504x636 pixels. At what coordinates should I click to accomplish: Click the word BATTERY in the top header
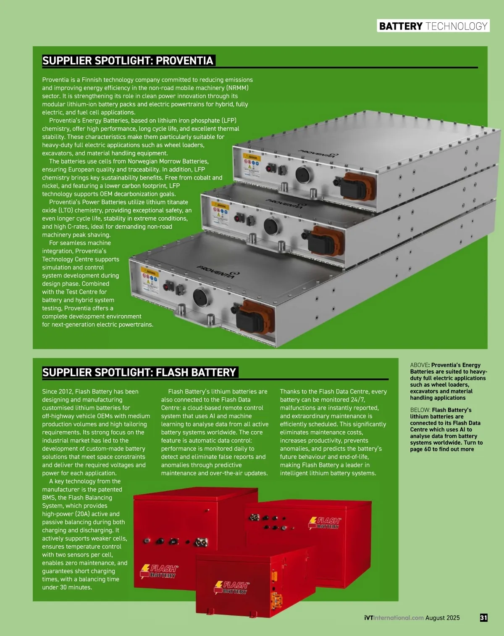(401, 26)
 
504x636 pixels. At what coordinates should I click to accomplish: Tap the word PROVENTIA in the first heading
(184, 61)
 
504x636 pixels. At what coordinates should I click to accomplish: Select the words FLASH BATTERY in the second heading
(196, 372)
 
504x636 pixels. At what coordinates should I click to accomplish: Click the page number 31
(483, 618)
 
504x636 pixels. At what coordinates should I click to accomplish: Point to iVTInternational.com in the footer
(394, 618)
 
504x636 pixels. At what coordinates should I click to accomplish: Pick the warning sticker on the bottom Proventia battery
(150, 279)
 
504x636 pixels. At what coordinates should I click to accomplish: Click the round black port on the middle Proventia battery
(271, 227)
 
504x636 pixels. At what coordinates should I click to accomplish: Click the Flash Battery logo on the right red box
(325, 523)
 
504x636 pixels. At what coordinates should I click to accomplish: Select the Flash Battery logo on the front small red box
(232, 588)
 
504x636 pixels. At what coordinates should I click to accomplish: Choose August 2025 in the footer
(442, 618)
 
